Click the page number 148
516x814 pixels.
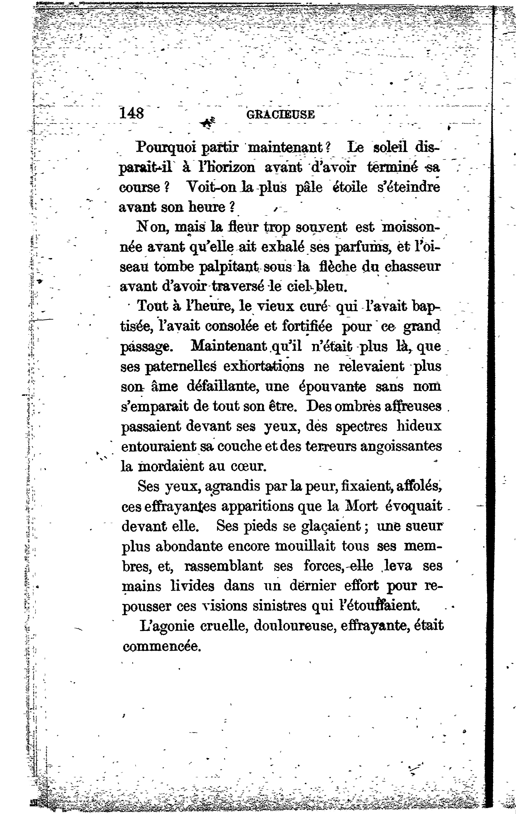tap(132, 113)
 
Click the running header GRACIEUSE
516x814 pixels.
tap(281, 115)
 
